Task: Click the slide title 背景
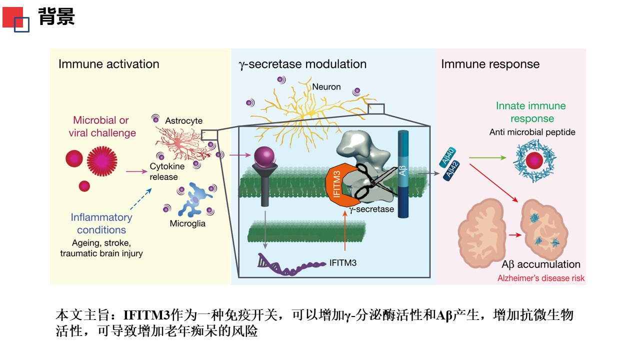point(56,16)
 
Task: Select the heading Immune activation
point(108,64)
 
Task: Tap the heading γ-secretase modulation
point(302,64)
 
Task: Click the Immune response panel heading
point(490,64)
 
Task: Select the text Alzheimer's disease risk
point(540,278)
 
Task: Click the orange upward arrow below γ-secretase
point(345,230)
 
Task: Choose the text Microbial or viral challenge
point(104,126)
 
